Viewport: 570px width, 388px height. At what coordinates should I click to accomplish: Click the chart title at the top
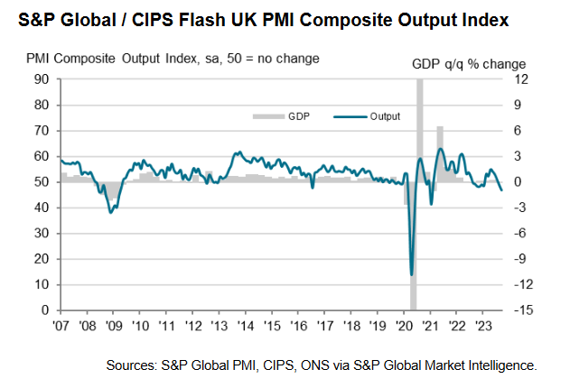(271, 18)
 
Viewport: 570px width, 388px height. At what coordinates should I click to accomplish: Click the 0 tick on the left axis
(44, 310)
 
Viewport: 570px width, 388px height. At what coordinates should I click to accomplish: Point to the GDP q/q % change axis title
(471, 62)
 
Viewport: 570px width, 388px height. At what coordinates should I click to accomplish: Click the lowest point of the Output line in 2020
(412, 274)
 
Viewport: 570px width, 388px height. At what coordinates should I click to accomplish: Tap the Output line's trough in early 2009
(110, 212)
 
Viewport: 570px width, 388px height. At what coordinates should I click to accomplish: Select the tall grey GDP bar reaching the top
(420, 126)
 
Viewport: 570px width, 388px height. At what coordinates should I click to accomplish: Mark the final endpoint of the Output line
(502, 190)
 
